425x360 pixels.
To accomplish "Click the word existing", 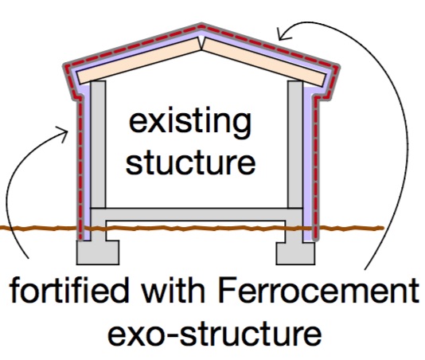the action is point(190,122).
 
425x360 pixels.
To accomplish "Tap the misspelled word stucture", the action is point(190,162).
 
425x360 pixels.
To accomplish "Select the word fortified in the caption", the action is point(69,290).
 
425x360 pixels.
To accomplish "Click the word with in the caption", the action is point(174,290).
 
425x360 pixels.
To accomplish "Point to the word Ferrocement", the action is point(318,290).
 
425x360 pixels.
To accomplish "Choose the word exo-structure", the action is point(215,333).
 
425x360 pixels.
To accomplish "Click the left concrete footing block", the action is point(98,252).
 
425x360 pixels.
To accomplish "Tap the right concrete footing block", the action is point(295,253).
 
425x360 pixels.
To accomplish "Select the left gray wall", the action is point(98,144).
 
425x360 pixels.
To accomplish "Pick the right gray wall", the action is point(295,144).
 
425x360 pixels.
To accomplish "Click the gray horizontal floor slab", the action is point(197,214).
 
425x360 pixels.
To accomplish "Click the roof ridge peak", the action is point(201,26).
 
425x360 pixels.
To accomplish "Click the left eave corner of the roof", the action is point(65,66).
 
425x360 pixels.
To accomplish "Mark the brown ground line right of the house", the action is point(351,228).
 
